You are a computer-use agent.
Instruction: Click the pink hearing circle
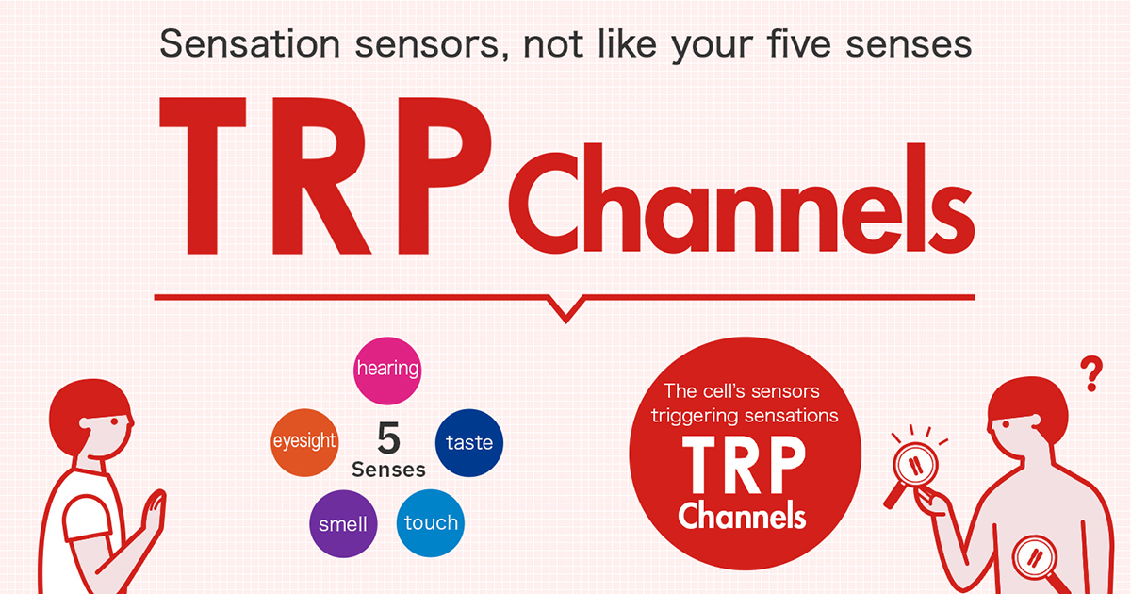coord(386,369)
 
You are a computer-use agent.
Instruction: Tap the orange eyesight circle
coord(303,442)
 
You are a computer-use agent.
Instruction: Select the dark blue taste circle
coord(468,442)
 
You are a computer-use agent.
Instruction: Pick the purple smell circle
coord(342,523)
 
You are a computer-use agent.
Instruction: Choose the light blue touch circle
coord(431,523)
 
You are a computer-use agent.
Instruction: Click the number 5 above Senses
coord(387,439)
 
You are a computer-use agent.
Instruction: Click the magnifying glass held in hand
coord(913,465)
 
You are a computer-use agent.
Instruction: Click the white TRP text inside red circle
coord(744,468)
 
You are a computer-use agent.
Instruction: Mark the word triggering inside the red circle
coord(702,415)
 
